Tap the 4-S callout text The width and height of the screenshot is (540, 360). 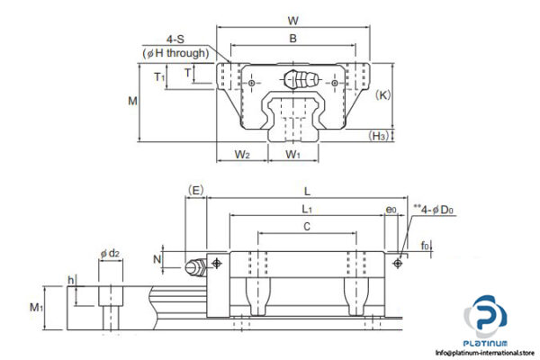pyautogui.click(x=176, y=39)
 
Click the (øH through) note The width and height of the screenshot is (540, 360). pyautogui.click(x=175, y=53)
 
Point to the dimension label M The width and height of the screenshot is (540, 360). pyautogui.click(x=132, y=101)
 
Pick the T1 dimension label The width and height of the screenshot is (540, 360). pyautogui.click(x=159, y=77)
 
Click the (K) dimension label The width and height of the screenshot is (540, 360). pyautogui.click(x=383, y=94)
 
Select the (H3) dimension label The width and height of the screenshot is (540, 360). pyautogui.click(x=379, y=136)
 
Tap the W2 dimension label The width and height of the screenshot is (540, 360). pyautogui.click(x=241, y=155)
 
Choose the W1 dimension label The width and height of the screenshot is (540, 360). pyautogui.click(x=292, y=155)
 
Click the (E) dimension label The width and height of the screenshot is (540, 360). pyautogui.click(x=195, y=190)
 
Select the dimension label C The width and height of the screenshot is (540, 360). pyautogui.click(x=306, y=227)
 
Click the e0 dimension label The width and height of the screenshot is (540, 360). pyautogui.click(x=391, y=210)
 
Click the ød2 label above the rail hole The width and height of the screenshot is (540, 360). pyautogui.click(x=110, y=255)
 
